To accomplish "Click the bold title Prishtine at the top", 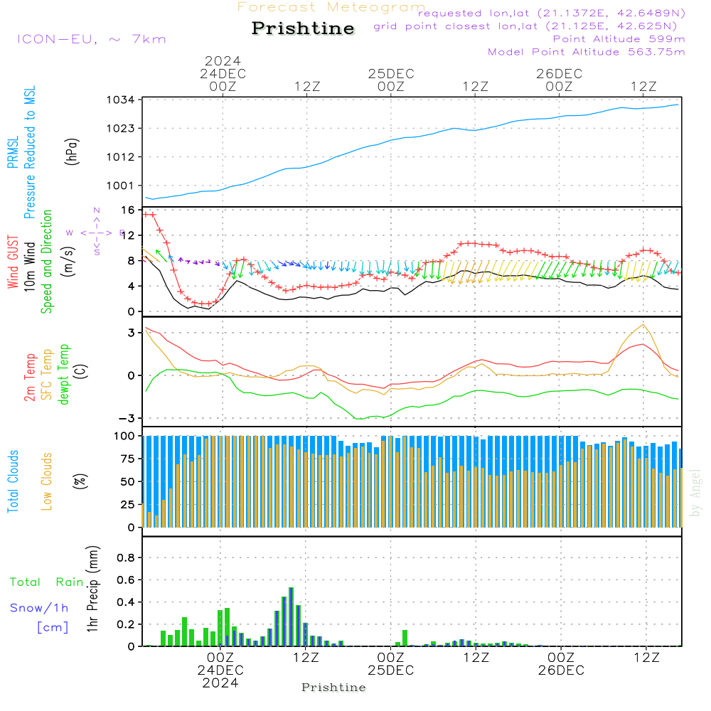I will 303,28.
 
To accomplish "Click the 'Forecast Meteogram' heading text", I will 331,7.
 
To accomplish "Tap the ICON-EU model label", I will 91,39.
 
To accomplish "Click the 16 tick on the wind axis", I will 128,210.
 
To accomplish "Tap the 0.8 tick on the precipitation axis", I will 125,557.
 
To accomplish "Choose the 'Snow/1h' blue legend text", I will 40,608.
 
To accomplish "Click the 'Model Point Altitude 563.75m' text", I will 587,52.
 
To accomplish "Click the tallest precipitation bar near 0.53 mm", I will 291,616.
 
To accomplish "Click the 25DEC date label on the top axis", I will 390,74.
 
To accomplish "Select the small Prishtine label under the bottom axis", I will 333,688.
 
